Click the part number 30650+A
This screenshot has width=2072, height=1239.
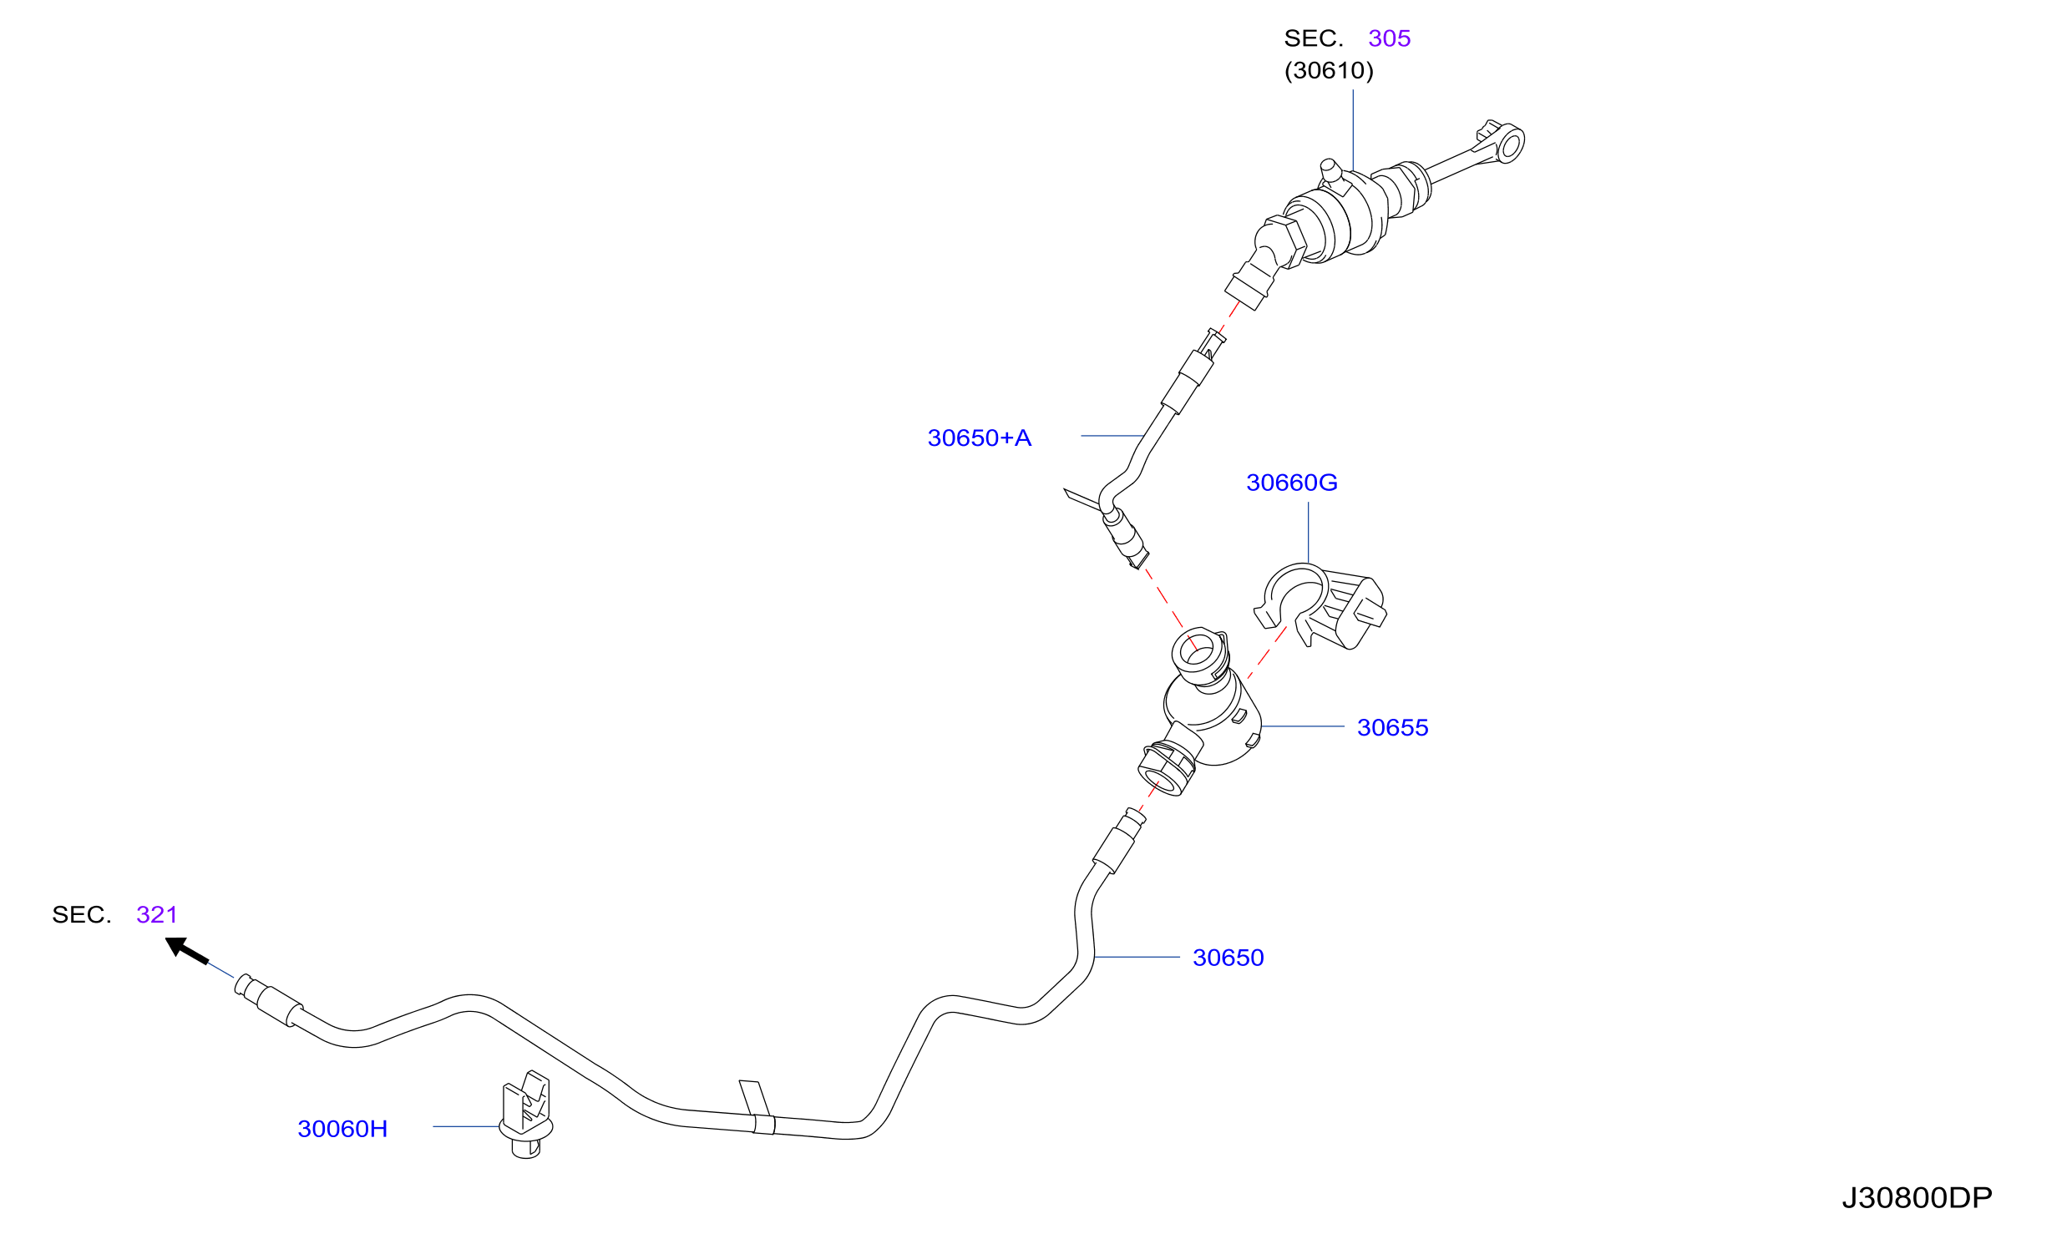979,437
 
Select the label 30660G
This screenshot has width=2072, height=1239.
1291,482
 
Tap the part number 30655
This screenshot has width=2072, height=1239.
1392,727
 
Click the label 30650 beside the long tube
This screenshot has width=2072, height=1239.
1228,958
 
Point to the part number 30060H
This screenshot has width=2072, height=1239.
342,1129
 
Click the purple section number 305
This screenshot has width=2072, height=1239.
1389,38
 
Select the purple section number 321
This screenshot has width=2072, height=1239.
157,914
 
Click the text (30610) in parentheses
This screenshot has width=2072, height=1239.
1329,70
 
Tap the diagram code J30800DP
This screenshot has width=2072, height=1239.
1917,1198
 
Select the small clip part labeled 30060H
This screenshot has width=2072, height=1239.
526,1115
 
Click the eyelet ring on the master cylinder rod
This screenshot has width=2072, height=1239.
1510,144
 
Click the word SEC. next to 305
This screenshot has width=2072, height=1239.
1313,38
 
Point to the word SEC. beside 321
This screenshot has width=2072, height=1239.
81,914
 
